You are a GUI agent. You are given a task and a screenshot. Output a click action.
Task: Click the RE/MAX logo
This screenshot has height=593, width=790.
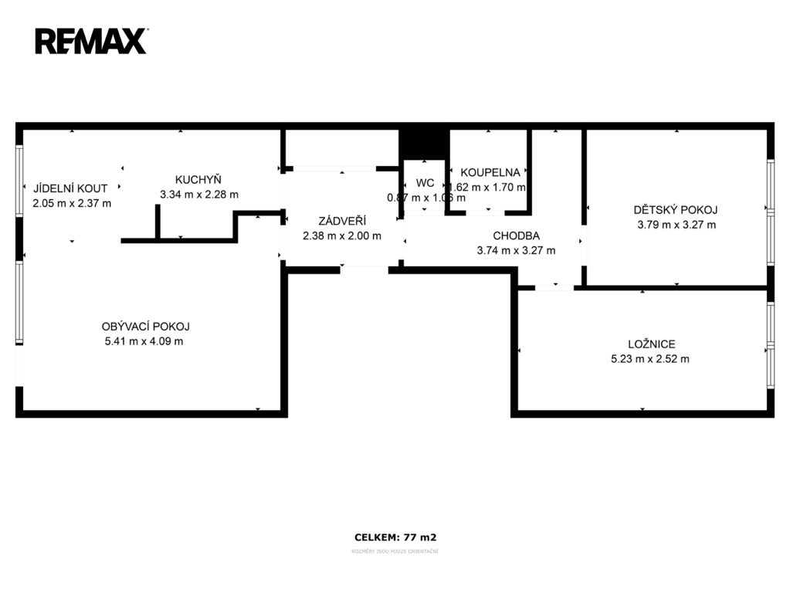(x=91, y=41)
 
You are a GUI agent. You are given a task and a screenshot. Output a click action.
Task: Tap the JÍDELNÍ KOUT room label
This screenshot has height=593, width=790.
(x=71, y=188)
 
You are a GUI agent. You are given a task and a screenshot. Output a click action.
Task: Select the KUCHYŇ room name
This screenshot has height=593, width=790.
(x=198, y=179)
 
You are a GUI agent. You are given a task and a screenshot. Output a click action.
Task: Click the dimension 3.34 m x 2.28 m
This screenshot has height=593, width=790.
(x=198, y=195)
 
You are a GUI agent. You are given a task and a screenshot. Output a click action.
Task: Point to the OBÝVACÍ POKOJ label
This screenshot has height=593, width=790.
(x=146, y=326)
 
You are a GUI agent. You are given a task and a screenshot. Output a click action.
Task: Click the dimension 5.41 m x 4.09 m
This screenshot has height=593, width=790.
(x=144, y=341)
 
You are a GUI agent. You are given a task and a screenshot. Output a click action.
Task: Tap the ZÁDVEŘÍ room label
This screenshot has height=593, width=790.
(x=341, y=220)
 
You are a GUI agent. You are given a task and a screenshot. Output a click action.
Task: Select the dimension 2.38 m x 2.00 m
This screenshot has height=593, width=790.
(x=341, y=236)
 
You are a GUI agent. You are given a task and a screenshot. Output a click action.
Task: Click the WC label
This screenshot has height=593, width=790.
(x=425, y=183)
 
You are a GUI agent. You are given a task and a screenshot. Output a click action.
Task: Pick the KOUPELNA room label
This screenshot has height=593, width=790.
(x=490, y=172)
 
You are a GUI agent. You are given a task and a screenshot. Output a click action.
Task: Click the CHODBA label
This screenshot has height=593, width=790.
(x=516, y=236)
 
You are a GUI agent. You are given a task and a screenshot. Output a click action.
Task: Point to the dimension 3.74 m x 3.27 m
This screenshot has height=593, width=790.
(x=516, y=250)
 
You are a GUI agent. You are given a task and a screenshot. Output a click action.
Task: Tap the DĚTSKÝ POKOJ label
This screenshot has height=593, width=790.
(x=676, y=209)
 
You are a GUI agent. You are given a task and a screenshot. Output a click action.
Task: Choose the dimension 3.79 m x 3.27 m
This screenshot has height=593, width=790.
(x=676, y=225)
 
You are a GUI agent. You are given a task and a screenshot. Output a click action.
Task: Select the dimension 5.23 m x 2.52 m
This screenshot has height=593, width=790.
(x=649, y=358)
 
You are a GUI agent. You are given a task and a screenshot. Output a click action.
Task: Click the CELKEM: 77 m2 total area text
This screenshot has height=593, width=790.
(x=395, y=537)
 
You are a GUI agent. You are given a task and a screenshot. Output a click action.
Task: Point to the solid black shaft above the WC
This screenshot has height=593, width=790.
(x=423, y=143)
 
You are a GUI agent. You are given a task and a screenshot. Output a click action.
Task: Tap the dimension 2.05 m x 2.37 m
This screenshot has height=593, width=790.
(x=72, y=203)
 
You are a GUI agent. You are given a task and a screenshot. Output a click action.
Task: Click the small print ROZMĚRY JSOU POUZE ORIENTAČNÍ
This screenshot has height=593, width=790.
(x=395, y=551)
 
